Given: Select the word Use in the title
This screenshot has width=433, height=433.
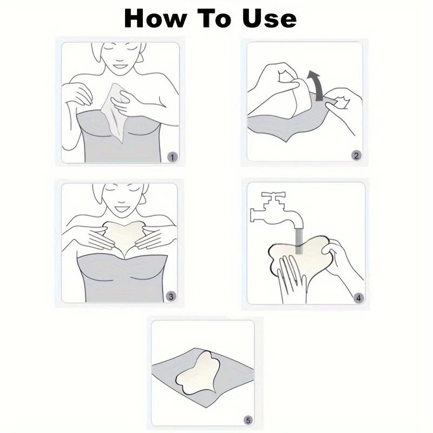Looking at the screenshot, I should click(x=269, y=18).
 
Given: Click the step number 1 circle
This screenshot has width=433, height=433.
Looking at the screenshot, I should click(x=172, y=157).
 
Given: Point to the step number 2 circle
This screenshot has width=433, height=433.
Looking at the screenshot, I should click(x=356, y=156).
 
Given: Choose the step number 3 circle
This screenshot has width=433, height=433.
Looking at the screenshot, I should click(x=171, y=296).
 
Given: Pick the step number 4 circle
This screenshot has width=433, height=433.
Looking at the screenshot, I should click(x=358, y=298).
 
